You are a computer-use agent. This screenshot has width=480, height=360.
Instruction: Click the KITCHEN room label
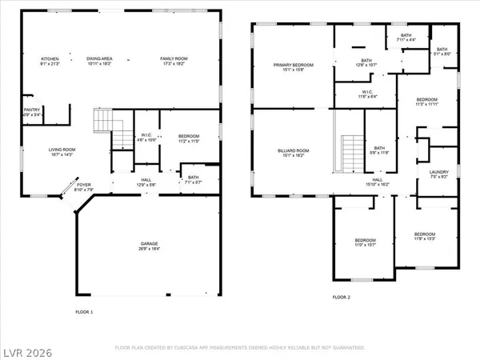click(x=50, y=58)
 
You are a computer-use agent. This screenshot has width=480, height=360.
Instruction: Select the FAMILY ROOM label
click(x=174, y=58)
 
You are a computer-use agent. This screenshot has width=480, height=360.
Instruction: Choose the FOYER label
click(x=84, y=185)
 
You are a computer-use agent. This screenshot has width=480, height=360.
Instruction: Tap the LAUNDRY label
click(x=439, y=172)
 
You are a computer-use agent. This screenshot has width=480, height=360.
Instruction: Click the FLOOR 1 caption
click(x=84, y=311)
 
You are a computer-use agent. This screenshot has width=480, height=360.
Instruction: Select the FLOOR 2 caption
click(x=342, y=297)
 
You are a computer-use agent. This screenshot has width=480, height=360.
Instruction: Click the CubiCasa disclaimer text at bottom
click(x=240, y=348)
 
